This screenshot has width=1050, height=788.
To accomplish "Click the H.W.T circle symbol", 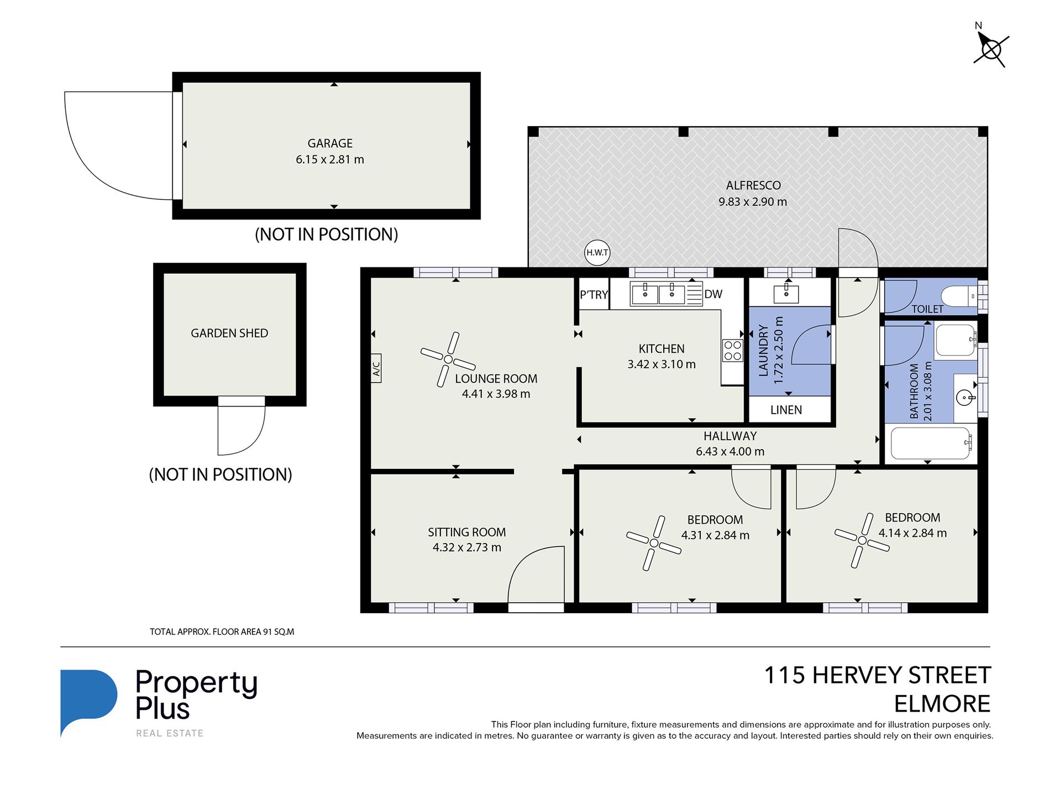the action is pyautogui.click(x=597, y=253).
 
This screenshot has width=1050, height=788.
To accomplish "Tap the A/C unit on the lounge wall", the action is pyautogui.click(x=376, y=368).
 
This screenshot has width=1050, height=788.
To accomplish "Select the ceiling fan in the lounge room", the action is pyautogui.click(x=448, y=359).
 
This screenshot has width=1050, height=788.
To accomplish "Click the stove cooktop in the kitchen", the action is pyautogui.click(x=733, y=351).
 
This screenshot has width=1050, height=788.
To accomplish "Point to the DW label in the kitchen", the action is pyautogui.click(x=713, y=294).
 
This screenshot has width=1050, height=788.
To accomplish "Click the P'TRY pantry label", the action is pyautogui.click(x=594, y=295).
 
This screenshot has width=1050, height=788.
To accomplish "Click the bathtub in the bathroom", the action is pyautogui.click(x=931, y=443).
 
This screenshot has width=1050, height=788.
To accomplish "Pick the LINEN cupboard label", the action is pyautogui.click(x=786, y=410).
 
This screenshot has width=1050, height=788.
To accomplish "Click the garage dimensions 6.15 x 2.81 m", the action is pyautogui.click(x=330, y=160).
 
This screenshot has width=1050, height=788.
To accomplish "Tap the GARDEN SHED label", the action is pyautogui.click(x=229, y=333).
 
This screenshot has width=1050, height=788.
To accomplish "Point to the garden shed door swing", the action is pyautogui.click(x=242, y=430).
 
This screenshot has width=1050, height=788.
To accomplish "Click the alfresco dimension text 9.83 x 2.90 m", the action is pyautogui.click(x=753, y=202).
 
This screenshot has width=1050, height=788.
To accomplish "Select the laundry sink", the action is pyautogui.click(x=786, y=293).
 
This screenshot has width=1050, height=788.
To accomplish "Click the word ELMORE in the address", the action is pyautogui.click(x=942, y=704).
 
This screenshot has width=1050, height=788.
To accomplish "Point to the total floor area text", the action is pyautogui.click(x=222, y=632).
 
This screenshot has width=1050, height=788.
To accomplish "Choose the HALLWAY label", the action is pyautogui.click(x=730, y=436).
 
